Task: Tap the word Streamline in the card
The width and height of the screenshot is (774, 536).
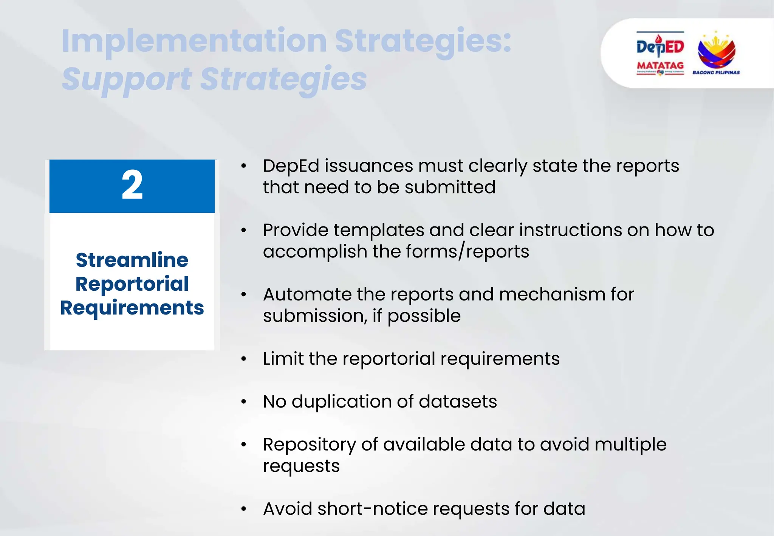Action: [x=132, y=260]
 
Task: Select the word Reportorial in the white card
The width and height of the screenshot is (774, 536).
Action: [x=132, y=284]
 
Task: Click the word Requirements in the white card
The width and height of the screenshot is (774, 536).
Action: [x=132, y=308]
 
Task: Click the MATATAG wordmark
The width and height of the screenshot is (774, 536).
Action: [x=660, y=65]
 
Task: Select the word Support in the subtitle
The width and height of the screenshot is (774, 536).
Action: [x=127, y=79]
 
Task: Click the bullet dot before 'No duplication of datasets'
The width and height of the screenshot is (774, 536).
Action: [x=244, y=402]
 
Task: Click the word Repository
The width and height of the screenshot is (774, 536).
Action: [x=309, y=445]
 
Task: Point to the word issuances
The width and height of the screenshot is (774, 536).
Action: [x=369, y=166]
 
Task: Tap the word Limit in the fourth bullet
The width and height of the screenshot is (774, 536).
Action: [x=283, y=359]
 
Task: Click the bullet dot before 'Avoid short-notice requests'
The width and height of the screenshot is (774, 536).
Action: [x=244, y=509]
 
